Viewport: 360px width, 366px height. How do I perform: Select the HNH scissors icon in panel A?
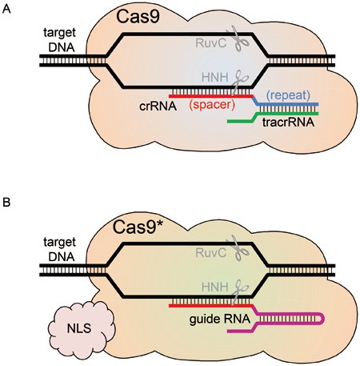(x=234, y=78)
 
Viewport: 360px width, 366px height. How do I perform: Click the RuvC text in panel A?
(x=210, y=39)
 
